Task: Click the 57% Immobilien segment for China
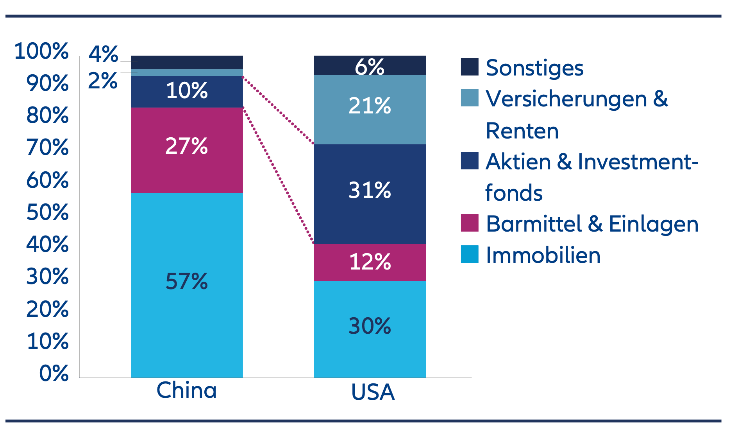point(187,285)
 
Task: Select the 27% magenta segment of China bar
point(187,150)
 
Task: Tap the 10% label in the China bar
point(187,91)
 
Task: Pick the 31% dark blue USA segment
point(370,194)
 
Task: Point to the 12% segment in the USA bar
point(370,262)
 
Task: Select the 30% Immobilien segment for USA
point(370,329)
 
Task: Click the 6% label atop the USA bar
point(370,67)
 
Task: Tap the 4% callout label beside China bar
point(103,54)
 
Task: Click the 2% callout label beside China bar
point(102,81)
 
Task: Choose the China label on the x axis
point(186,390)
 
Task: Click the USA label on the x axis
point(373,392)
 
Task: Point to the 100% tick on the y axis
point(41,51)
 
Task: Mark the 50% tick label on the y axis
point(47,212)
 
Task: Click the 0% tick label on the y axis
point(54,373)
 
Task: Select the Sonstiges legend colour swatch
point(470,67)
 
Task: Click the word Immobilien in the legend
point(543,255)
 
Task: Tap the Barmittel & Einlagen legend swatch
point(470,223)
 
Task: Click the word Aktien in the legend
point(518,162)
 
